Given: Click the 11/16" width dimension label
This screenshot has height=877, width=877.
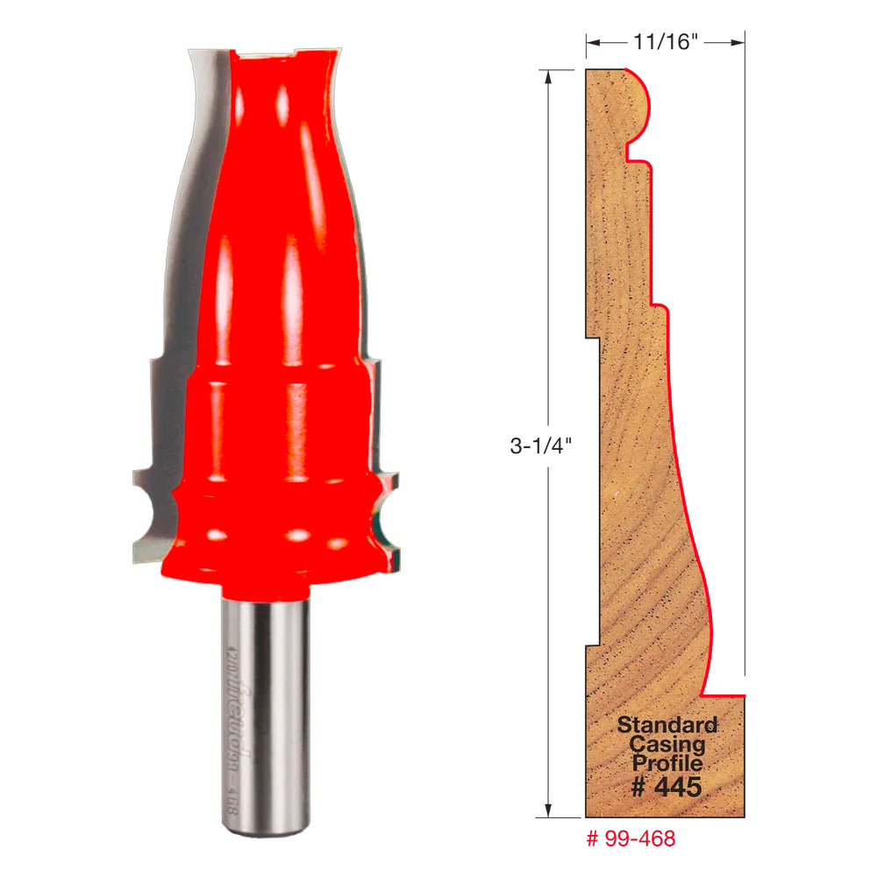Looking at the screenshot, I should pos(665,41).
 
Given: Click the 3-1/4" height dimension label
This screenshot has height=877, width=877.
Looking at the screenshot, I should pos(542,445).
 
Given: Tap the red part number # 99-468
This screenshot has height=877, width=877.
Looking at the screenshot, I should pos(631,838).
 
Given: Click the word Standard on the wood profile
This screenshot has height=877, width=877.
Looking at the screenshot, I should pos(667,725).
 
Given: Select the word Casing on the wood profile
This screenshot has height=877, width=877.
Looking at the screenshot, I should pos(667,745).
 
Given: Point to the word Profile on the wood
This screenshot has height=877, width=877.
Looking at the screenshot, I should pos(667,764).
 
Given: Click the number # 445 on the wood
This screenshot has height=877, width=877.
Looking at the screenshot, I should pos(667,787).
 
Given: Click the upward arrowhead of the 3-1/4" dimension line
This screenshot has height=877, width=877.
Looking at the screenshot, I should pos(549,77).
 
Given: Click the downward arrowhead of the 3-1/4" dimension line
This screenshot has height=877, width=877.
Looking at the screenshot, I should pos(549,810).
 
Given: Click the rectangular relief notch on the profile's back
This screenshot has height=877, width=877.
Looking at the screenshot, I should pos(594,491).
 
